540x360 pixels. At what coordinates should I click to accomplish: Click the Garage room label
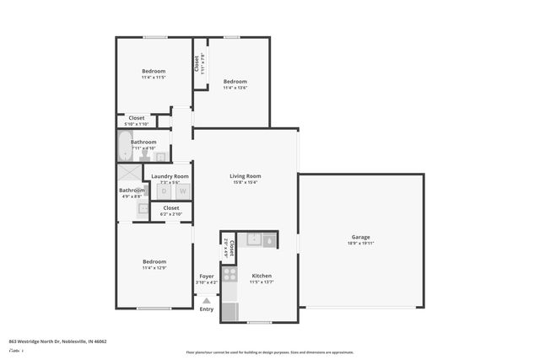360,237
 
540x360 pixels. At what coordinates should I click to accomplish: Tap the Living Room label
246,176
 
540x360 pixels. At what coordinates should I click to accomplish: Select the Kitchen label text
262,276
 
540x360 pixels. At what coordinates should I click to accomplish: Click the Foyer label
206,276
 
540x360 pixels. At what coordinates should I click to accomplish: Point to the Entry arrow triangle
206,299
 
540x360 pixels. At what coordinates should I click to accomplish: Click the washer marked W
181,191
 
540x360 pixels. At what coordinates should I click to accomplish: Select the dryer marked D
165,191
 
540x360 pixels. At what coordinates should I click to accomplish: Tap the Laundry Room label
170,176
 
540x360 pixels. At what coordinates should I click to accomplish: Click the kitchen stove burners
230,274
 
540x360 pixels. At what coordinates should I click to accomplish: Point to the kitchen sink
254,240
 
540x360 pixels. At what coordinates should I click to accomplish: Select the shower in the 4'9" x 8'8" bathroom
130,172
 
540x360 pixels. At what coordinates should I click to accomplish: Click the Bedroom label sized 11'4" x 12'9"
154,261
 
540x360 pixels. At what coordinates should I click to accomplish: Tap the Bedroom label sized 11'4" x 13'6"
235,81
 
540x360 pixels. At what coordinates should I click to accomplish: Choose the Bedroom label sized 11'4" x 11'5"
154,71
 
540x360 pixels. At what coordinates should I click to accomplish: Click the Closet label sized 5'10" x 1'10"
137,118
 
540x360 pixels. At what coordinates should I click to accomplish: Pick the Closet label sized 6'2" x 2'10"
170,207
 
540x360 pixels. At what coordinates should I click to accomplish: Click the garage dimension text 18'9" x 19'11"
360,244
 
